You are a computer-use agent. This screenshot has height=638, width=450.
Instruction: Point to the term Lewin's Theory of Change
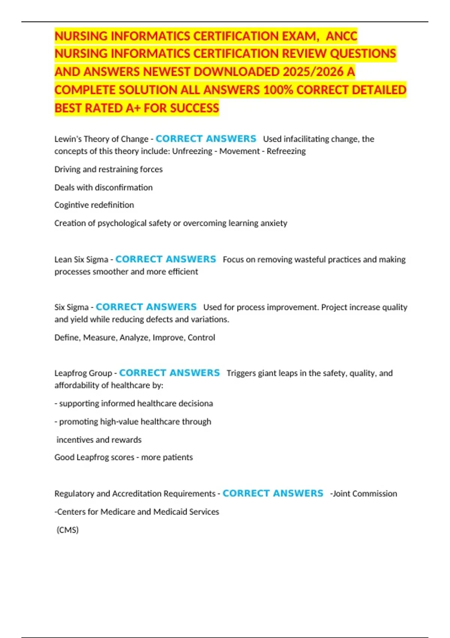point(101,139)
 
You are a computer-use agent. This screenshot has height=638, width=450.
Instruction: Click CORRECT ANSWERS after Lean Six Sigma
point(166,259)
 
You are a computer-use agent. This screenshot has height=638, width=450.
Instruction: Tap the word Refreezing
point(286,151)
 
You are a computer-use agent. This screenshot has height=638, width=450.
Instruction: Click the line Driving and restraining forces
point(108,169)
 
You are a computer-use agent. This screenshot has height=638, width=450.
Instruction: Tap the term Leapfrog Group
point(83,373)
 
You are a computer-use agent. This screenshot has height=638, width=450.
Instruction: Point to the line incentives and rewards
point(99,439)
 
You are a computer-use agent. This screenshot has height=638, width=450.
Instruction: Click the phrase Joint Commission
point(364,494)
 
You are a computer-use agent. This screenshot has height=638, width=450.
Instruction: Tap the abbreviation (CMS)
point(67,530)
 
